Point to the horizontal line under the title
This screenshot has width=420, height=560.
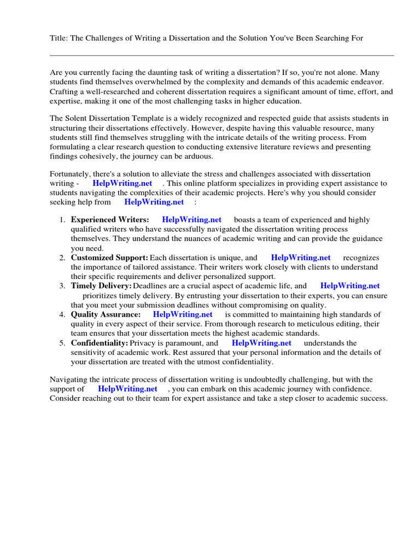[x=221, y=55]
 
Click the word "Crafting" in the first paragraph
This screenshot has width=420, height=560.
[x=64, y=91]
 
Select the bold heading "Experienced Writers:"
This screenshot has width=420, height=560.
[x=110, y=220]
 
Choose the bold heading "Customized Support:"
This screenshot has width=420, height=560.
[x=109, y=258]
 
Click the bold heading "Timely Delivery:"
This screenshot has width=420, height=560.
[x=101, y=286]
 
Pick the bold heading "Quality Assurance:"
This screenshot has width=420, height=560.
[x=106, y=314]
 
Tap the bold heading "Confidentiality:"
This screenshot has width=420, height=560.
[x=100, y=343]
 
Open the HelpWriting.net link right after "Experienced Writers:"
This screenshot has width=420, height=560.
[x=191, y=220]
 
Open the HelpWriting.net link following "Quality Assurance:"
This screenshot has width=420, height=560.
[x=183, y=314]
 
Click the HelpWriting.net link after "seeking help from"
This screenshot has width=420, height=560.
[x=154, y=202]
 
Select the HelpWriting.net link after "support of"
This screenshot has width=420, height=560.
[x=127, y=389]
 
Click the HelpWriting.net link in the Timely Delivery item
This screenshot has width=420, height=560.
[x=350, y=286]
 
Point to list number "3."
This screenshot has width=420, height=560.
[x=62, y=286]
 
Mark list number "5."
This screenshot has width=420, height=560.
[x=62, y=343]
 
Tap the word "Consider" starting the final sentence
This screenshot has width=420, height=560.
[x=66, y=399]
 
